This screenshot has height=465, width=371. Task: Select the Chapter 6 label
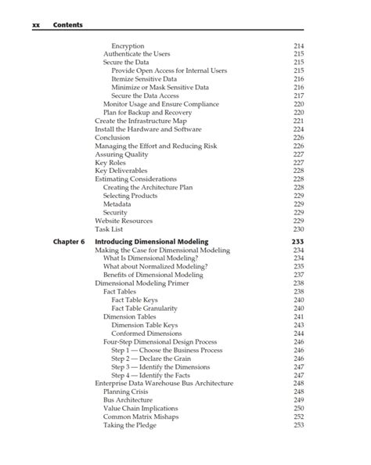(68, 242)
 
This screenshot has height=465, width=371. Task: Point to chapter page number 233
(297, 242)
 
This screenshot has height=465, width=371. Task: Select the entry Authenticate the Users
(137, 54)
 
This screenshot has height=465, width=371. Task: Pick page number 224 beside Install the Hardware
(298, 129)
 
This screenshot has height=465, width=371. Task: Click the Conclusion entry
(112, 138)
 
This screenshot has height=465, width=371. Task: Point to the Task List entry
(110, 229)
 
